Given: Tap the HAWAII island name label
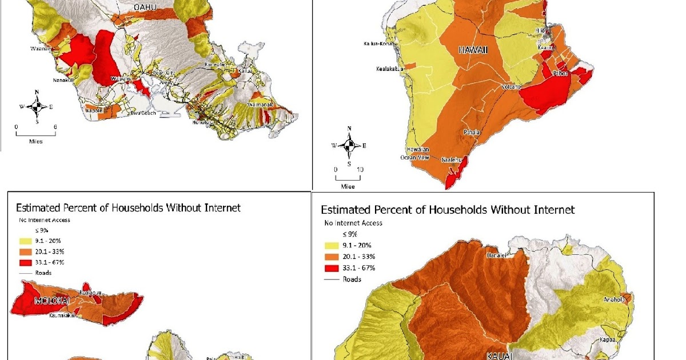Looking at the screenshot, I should click(473, 50).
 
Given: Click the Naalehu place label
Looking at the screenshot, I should click(452, 161).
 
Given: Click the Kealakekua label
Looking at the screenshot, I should click(390, 69).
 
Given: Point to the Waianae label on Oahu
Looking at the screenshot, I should click(39, 49).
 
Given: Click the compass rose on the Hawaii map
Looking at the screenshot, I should click(349, 145).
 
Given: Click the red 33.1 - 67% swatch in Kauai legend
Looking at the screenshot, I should click(332, 267).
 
